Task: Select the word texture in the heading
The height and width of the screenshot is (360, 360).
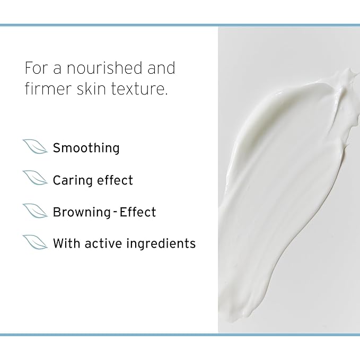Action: click(x=142, y=89)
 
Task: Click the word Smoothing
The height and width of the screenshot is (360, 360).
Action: click(x=86, y=148)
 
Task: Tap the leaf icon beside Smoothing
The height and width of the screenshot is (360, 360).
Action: click(x=35, y=147)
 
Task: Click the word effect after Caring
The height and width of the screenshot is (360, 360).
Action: click(x=115, y=180)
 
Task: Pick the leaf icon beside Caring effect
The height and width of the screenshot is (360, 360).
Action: click(x=35, y=179)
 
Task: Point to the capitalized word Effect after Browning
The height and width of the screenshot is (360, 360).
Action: click(x=138, y=212)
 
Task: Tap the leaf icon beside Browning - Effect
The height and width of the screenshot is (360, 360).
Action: click(x=35, y=210)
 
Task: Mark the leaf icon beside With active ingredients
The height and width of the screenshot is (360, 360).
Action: click(x=35, y=242)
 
